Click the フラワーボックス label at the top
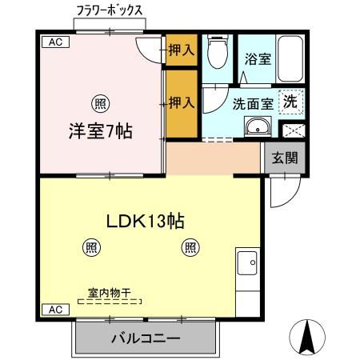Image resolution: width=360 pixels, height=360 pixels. [x=109, y=11]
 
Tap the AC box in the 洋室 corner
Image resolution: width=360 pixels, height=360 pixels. [x=51, y=42]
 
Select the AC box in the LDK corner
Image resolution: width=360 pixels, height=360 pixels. [x=51, y=310]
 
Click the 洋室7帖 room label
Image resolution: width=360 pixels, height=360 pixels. [x=99, y=130]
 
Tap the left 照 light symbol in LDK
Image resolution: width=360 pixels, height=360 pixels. [x=93, y=247]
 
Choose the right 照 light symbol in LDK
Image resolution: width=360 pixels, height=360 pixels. [x=190, y=247]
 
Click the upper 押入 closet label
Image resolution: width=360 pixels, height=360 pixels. [x=181, y=50]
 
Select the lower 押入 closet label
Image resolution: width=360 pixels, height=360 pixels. [x=181, y=102]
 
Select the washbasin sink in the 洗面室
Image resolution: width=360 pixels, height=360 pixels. [x=256, y=127]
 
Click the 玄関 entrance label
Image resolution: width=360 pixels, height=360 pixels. [x=285, y=158]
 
